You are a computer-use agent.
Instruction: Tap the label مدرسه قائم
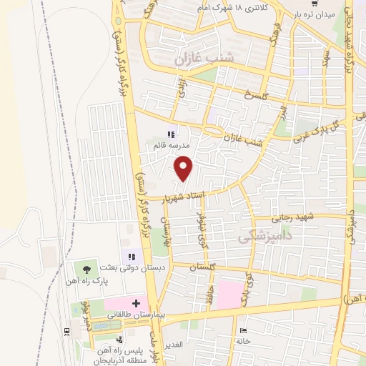[169, 145]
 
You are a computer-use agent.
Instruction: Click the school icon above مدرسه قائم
[170, 134]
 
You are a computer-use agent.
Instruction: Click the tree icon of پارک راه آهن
[86, 269]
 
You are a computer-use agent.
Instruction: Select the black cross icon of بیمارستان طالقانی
[137, 304]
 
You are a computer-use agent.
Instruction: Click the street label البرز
[284, 113]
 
